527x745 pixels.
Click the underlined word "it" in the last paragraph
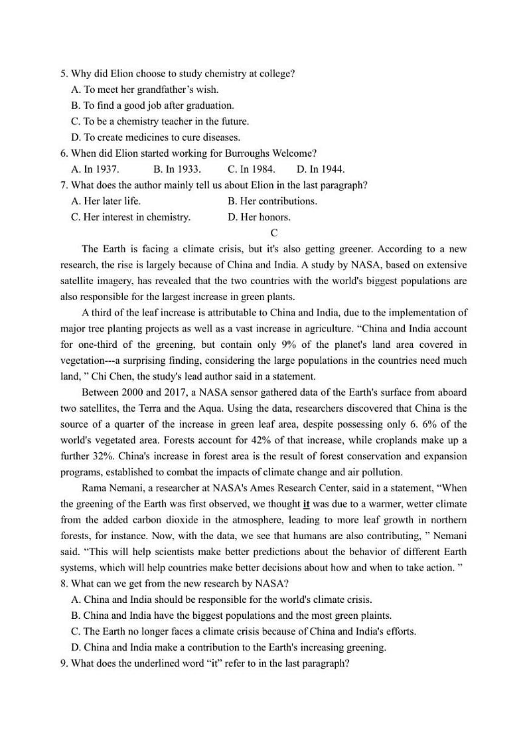[307, 504]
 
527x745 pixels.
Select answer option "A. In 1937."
[95, 169]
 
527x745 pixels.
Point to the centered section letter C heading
[274, 233]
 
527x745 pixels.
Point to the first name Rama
[95, 488]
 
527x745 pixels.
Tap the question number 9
[64, 663]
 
